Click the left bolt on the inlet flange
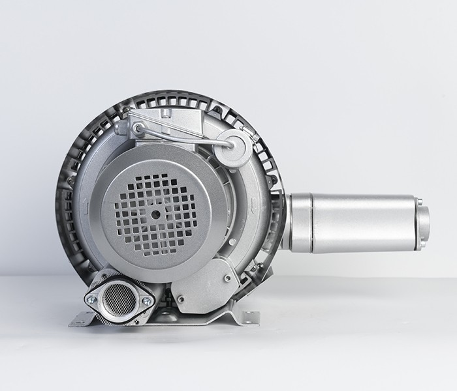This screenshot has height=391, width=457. coord(91,300)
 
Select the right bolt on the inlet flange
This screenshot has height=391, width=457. coord(146,301)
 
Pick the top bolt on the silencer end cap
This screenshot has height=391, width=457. coord(419,203)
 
